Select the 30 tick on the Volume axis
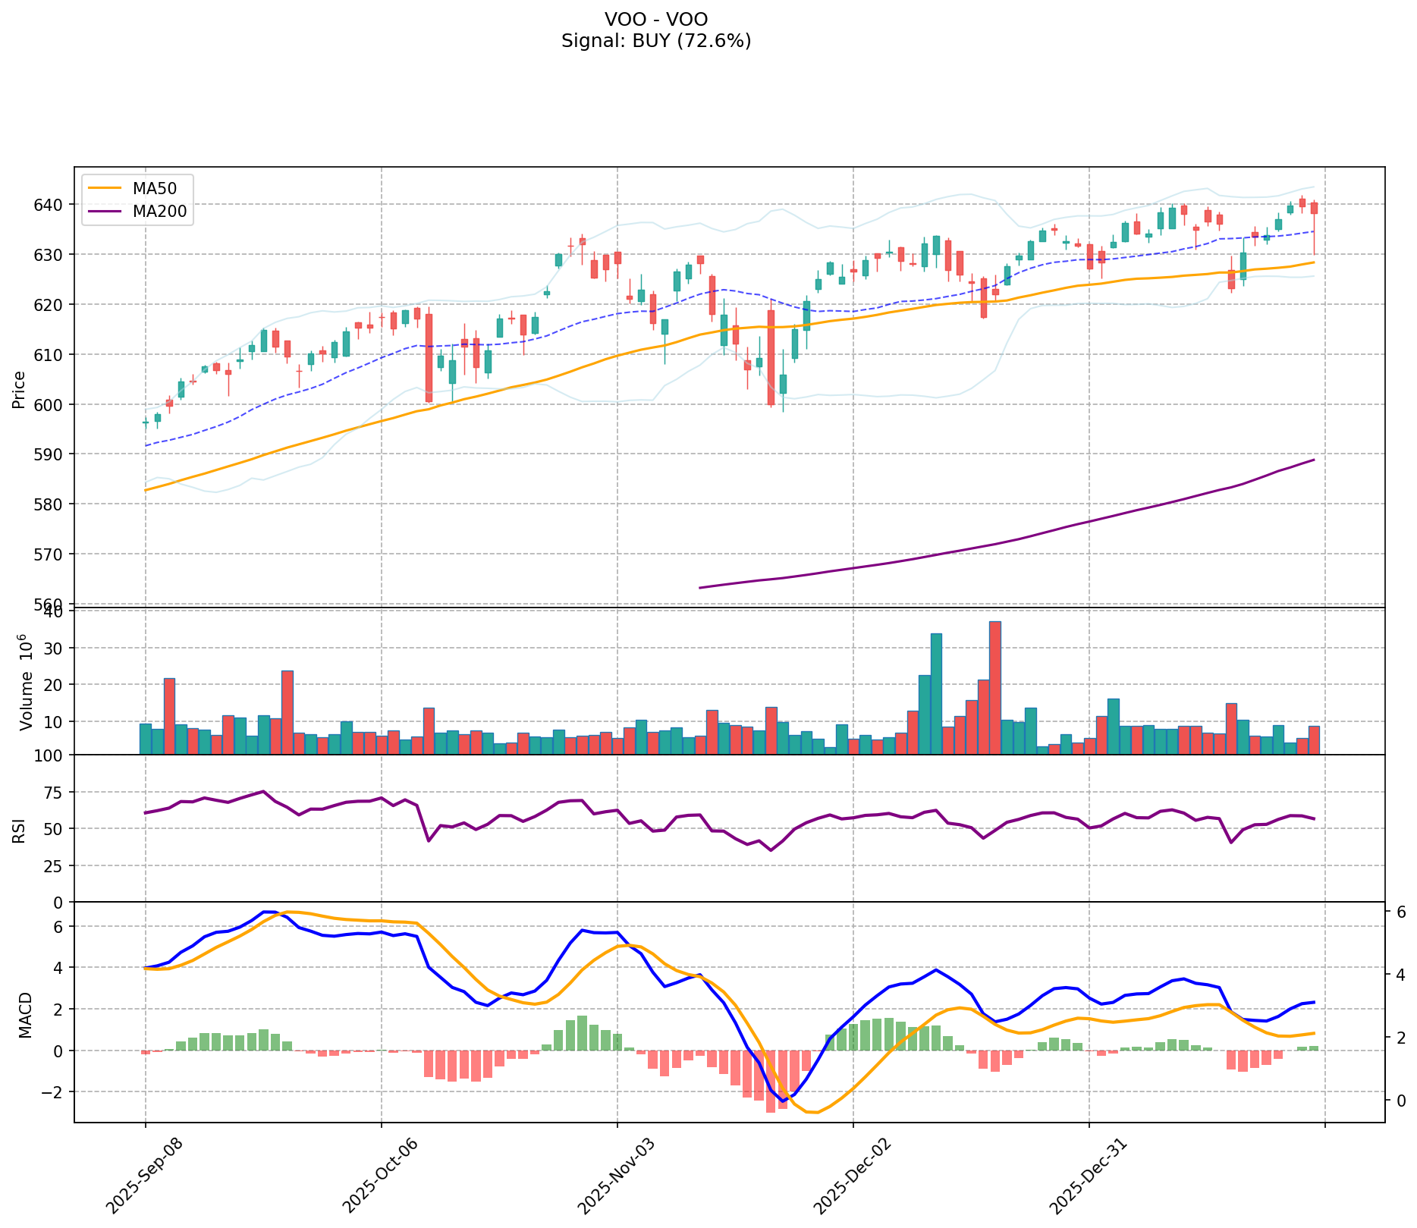(58, 648)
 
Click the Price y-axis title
(19, 389)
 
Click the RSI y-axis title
(19, 829)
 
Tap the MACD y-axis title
(25, 1014)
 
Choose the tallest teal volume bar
(936, 693)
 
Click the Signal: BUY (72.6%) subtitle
(656, 41)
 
